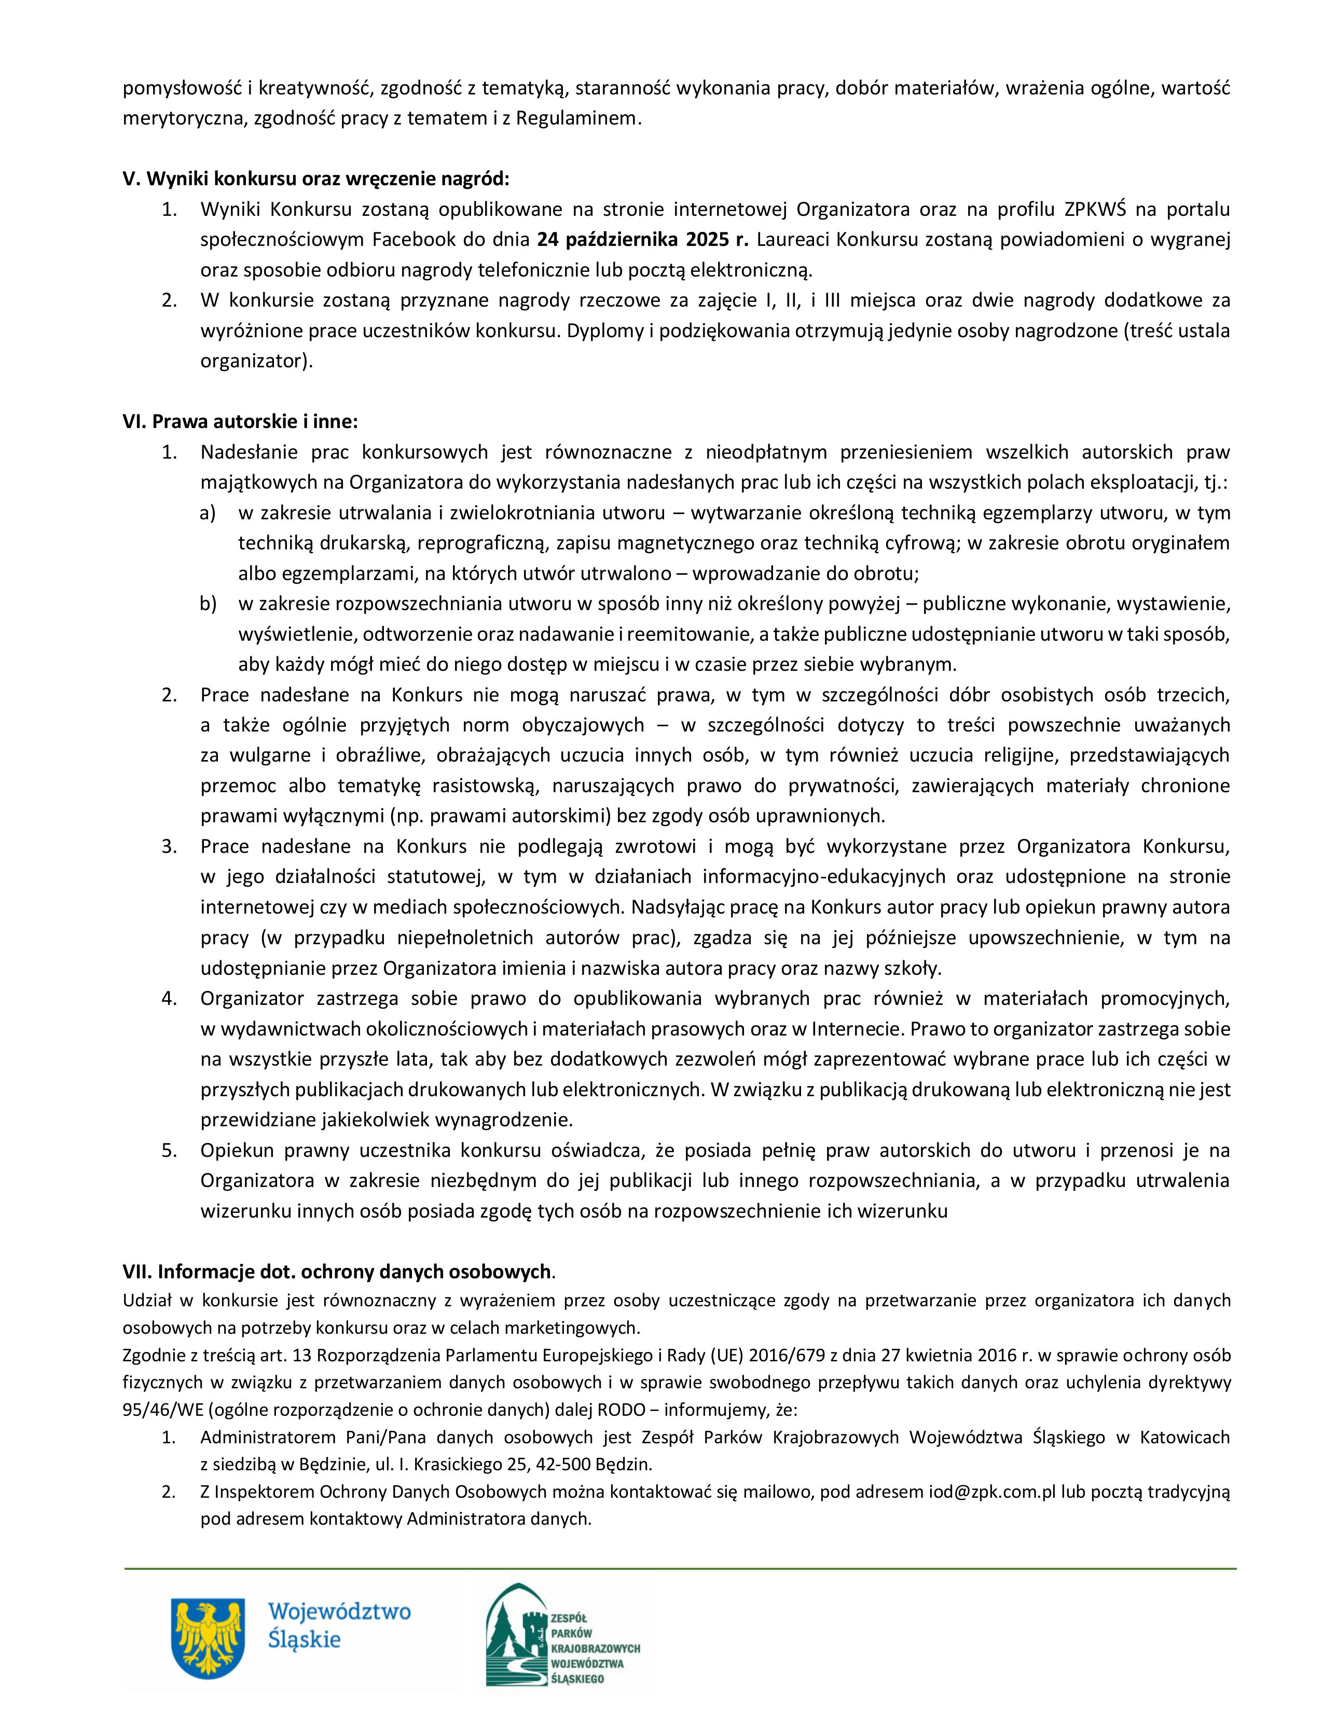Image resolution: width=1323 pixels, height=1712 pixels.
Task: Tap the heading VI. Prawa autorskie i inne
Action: click(x=240, y=421)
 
